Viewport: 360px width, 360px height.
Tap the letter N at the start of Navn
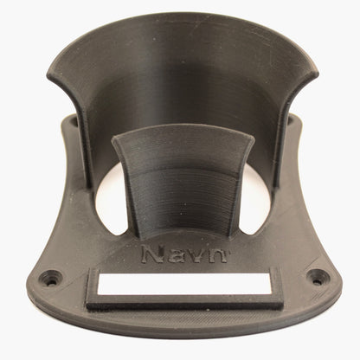click(x=152, y=254)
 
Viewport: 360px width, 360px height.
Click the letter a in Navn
click(x=177, y=256)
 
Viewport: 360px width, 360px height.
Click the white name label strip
click(x=184, y=284)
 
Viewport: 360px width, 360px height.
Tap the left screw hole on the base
click(x=51, y=278)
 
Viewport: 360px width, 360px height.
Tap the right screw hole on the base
click(x=318, y=277)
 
